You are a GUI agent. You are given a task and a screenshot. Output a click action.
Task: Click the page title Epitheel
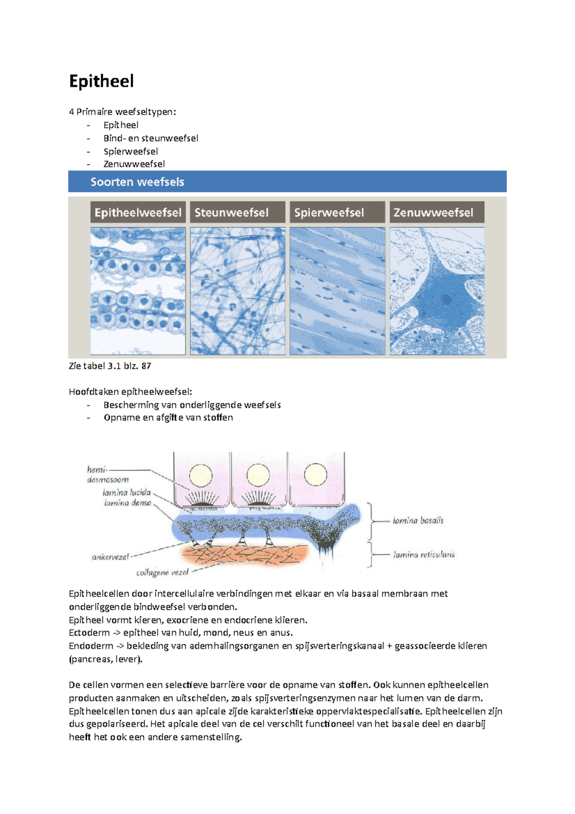point(101,81)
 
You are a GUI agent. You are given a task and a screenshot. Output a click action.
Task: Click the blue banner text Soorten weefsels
point(137,182)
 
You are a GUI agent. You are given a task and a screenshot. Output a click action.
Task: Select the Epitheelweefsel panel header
point(138,212)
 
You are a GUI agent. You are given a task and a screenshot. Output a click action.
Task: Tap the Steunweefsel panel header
point(231,212)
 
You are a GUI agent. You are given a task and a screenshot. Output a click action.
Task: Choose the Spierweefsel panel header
point(329,212)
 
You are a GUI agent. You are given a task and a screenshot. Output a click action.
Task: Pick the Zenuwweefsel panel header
point(433,212)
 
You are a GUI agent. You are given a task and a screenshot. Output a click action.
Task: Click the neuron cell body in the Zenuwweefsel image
point(443,300)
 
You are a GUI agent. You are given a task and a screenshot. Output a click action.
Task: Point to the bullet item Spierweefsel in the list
point(130,151)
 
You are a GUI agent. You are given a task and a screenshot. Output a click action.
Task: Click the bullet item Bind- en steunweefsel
point(150,139)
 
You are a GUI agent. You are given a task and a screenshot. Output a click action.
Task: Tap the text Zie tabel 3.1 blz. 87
point(110,366)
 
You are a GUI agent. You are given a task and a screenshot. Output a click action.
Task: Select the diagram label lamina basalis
point(418,521)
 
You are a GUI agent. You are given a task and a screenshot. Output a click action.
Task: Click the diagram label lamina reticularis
point(424,555)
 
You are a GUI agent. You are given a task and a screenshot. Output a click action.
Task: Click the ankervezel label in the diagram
point(110,557)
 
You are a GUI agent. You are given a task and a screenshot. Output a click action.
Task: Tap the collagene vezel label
point(162,572)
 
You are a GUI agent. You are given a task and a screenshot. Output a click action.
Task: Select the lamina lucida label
point(126,492)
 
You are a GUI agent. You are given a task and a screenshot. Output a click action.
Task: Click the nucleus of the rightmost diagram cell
point(315,475)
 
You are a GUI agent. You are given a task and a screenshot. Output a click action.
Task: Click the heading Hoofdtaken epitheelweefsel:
point(130,392)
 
